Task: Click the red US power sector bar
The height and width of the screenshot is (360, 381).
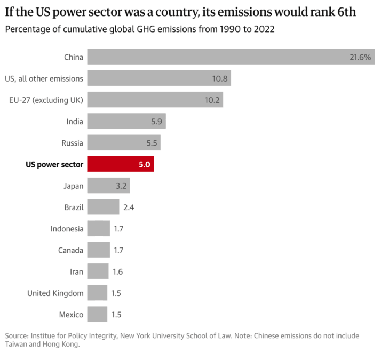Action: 120,164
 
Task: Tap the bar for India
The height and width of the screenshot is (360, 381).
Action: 126,121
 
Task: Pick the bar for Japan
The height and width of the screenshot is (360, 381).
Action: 108,186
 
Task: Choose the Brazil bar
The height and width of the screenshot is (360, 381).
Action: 103,207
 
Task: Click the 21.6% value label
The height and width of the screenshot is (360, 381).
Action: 360,57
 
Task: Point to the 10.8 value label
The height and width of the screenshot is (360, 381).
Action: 220,78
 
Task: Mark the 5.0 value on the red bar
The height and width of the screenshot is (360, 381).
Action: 144,164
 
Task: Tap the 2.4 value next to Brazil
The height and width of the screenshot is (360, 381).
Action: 129,207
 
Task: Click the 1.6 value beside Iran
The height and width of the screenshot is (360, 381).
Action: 118,271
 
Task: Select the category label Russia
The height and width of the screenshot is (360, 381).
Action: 72,143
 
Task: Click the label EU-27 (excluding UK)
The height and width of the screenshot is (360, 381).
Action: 46,100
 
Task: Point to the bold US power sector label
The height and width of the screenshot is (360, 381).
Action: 54,164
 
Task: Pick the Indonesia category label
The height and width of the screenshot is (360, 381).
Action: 67,229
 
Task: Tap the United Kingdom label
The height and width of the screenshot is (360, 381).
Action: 55,293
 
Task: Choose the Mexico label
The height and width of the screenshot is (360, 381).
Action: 70,315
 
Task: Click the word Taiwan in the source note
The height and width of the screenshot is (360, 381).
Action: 17,345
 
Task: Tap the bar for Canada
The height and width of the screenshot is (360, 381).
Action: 98,250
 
